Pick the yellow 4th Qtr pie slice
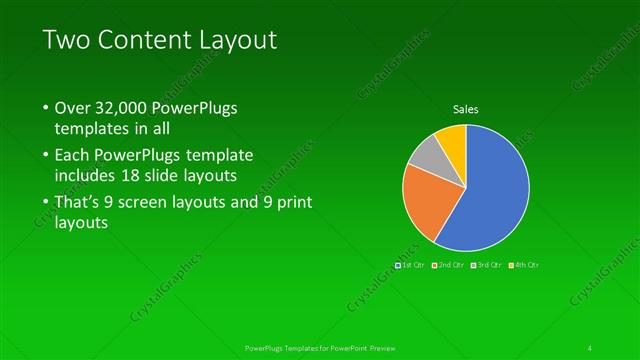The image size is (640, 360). [x=452, y=139]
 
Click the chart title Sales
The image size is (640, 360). [x=465, y=109]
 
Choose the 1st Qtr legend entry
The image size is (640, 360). [x=411, y=265]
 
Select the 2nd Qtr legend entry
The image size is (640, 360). [x=449, y=265]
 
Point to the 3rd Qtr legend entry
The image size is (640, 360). [x=487, y=265]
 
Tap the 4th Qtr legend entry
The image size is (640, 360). [x=524, y=265]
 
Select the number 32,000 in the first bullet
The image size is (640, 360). [x=126, y=107]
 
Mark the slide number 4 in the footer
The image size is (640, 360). [x=590, y=347]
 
